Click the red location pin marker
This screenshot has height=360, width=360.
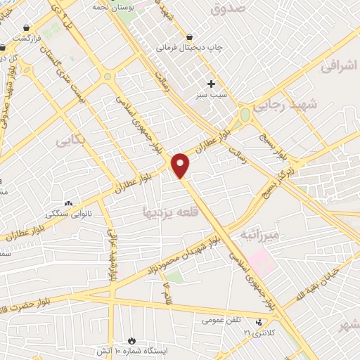click(x=181, y=165)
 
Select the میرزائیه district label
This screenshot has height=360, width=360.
click(x=259, y=234)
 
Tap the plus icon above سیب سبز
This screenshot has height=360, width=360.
click(x=211, y=84)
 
